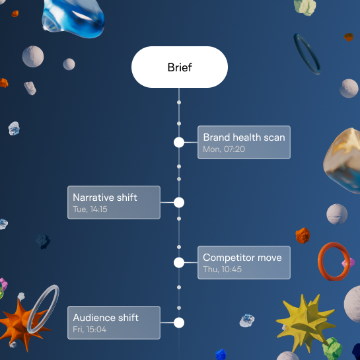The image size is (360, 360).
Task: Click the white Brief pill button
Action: (180, 67)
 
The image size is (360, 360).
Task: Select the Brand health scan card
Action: (244, 142)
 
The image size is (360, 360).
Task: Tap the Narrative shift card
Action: (114, 203)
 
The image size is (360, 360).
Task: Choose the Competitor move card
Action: (244, 263)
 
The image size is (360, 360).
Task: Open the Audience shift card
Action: (114, 323)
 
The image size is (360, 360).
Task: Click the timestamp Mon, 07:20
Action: (224, 149)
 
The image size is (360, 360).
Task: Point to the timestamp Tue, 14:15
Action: (90, 209)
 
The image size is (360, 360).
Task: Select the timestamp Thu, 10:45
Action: (222, 270)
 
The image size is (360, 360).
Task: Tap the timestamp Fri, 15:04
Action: (90, 330)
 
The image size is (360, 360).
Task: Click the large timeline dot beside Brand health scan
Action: (179, 142)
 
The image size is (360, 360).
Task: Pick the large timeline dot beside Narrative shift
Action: (179, 203)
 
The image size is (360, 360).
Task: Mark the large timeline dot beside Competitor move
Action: (179, 263)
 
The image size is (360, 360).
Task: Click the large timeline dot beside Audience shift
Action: (179, 323)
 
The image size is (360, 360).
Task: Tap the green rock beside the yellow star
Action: (332, 349)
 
